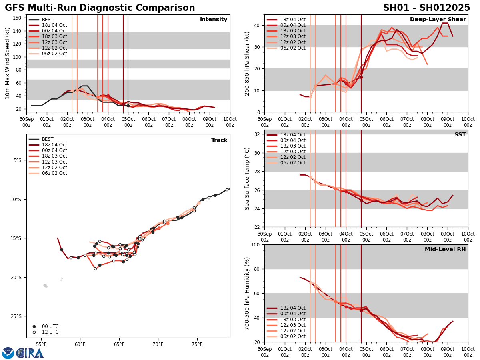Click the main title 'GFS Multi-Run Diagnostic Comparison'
(x=100, y=8)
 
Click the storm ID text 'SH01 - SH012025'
(x=426, y=8)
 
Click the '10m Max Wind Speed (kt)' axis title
(x=7, y=63)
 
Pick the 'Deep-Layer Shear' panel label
(x=438, y=20)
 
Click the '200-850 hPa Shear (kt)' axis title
(x=247, y=63)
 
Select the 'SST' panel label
(x=460, y=135)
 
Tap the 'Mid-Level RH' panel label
(x=445, y=250)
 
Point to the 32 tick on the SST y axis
(x=258, y=134)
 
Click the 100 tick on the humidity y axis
(x=257, y=244)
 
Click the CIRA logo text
(x=30, y=353)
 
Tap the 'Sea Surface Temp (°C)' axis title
(x=247, y=178)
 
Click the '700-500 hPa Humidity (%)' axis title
(x=247, y=293)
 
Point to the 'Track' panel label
(x=219, y=140)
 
